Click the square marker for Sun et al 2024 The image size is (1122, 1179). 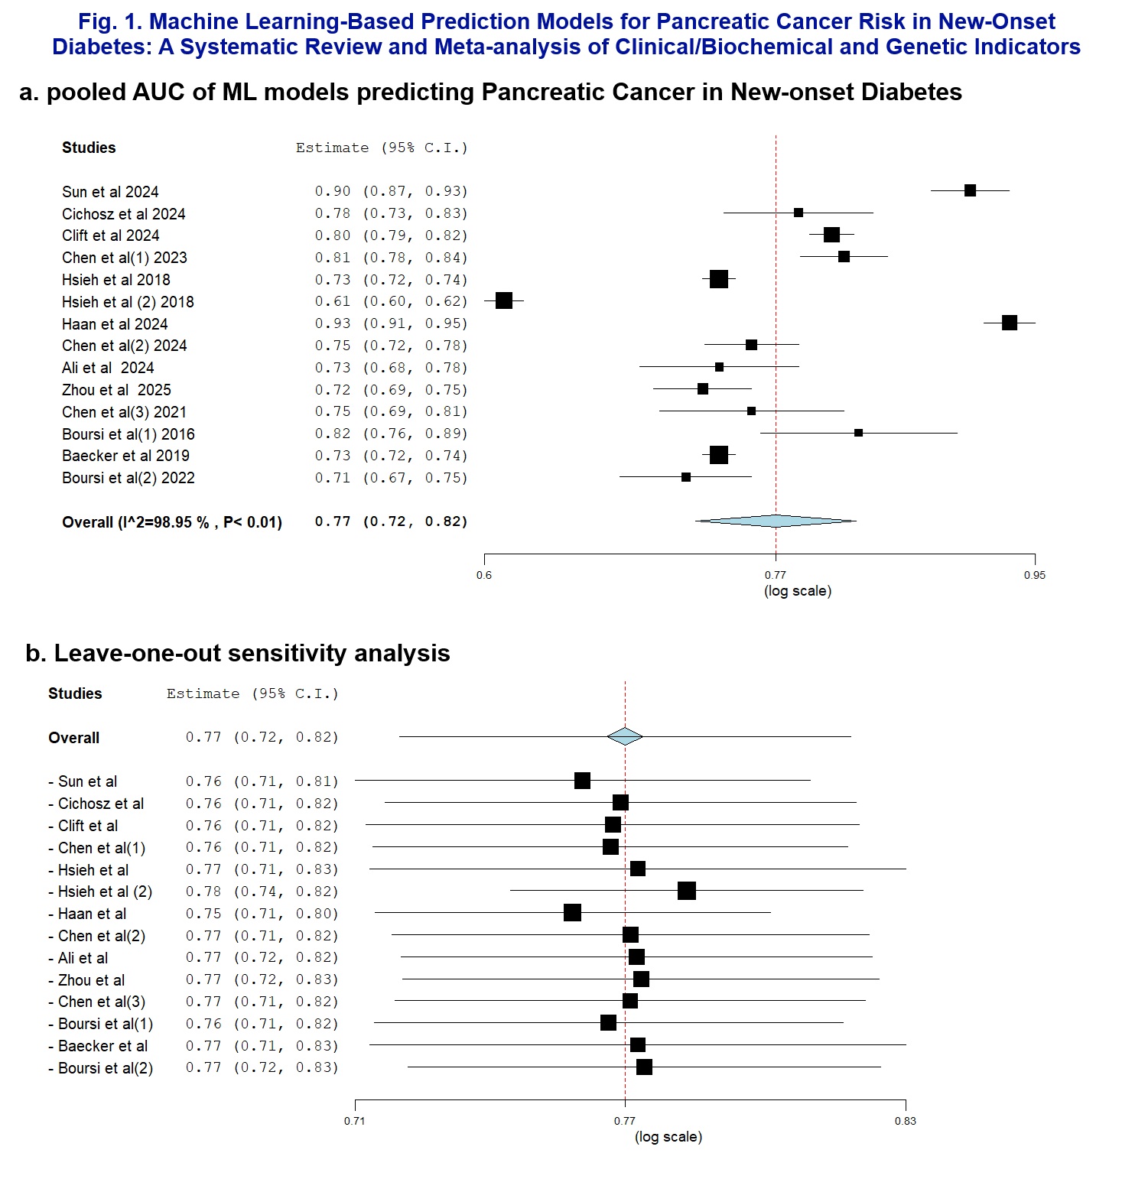(x=970, y=190)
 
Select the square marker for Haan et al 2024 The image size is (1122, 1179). (x=1010, y=323)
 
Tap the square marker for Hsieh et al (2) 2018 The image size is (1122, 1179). (x=504, y=300)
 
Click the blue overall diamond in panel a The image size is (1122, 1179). (x=776, y=521)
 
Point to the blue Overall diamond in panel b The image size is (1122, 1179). (x=625, y=736)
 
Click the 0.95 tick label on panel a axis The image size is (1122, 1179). (x=1035, y=575)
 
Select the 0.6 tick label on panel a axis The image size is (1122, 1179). (x=484, y=575)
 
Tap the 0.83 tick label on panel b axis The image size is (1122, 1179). (x=906, y=1121)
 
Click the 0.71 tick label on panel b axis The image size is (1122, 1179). (x=355, y=1121)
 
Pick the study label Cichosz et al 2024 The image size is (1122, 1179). (x=124, y=214)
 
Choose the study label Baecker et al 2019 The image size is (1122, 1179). (x=126, y=456)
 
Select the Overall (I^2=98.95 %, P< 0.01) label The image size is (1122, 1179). (x=172, y=522)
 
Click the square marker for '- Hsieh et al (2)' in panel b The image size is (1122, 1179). (x=687, y=891)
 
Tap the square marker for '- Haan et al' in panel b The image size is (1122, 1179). (x=572, y=913)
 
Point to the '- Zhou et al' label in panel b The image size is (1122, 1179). (x=86, y=980)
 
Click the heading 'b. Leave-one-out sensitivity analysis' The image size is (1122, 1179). (x=238, y=653)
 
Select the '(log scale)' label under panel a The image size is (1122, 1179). (x=798, y=591)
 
